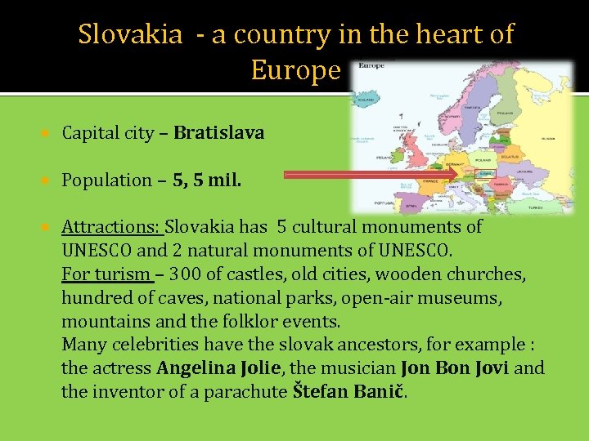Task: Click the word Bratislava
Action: [x=218, y=133]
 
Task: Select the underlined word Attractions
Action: [x=112, y=227]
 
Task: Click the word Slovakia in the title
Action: [x=130, y=34]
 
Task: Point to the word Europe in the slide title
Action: [x=294, y=70]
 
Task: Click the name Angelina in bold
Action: [x=197, y=368]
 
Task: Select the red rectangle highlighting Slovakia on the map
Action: [x=485, y=174]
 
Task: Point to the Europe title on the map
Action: [x=372, y=65]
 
